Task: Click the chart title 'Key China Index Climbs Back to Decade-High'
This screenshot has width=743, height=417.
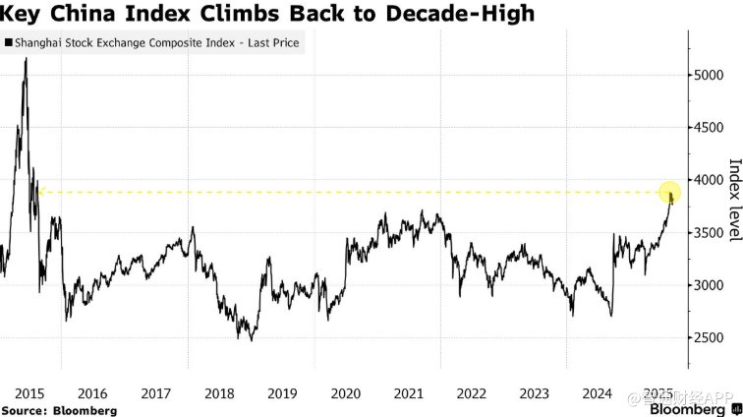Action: click(267, 14)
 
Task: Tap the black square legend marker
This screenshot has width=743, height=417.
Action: click(9, 43)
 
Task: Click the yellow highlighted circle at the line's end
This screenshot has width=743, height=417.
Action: click(669, 193)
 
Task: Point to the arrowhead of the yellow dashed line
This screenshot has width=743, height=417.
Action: click(40, 193)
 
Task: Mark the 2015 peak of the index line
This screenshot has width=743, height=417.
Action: click(25, 59)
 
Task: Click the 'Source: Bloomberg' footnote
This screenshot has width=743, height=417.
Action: click(59, 409)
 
